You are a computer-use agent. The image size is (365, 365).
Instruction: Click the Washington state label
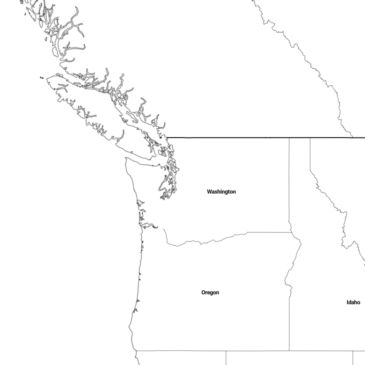point(221,192)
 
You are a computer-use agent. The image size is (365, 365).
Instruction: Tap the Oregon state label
point(210,292)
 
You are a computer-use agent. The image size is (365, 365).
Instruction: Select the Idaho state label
point(353,302)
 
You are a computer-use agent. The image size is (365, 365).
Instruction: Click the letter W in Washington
point(210,191)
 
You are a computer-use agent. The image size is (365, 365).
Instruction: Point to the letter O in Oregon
point(203,292)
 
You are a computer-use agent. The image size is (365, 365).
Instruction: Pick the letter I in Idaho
point(347,302)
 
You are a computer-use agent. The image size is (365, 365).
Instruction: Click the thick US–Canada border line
point(266,138)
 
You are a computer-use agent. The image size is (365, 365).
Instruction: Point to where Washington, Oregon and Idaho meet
point(291,232)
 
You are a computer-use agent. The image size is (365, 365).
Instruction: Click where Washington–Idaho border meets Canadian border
point(289,138)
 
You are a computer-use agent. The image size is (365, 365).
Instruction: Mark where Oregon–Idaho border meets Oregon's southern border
point(289,350)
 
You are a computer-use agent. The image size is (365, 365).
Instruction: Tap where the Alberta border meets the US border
point(353,138)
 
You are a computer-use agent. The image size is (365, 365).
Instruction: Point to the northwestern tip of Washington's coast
point(126,158)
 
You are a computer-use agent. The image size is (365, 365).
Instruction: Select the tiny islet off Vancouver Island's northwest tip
point(42,78)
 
